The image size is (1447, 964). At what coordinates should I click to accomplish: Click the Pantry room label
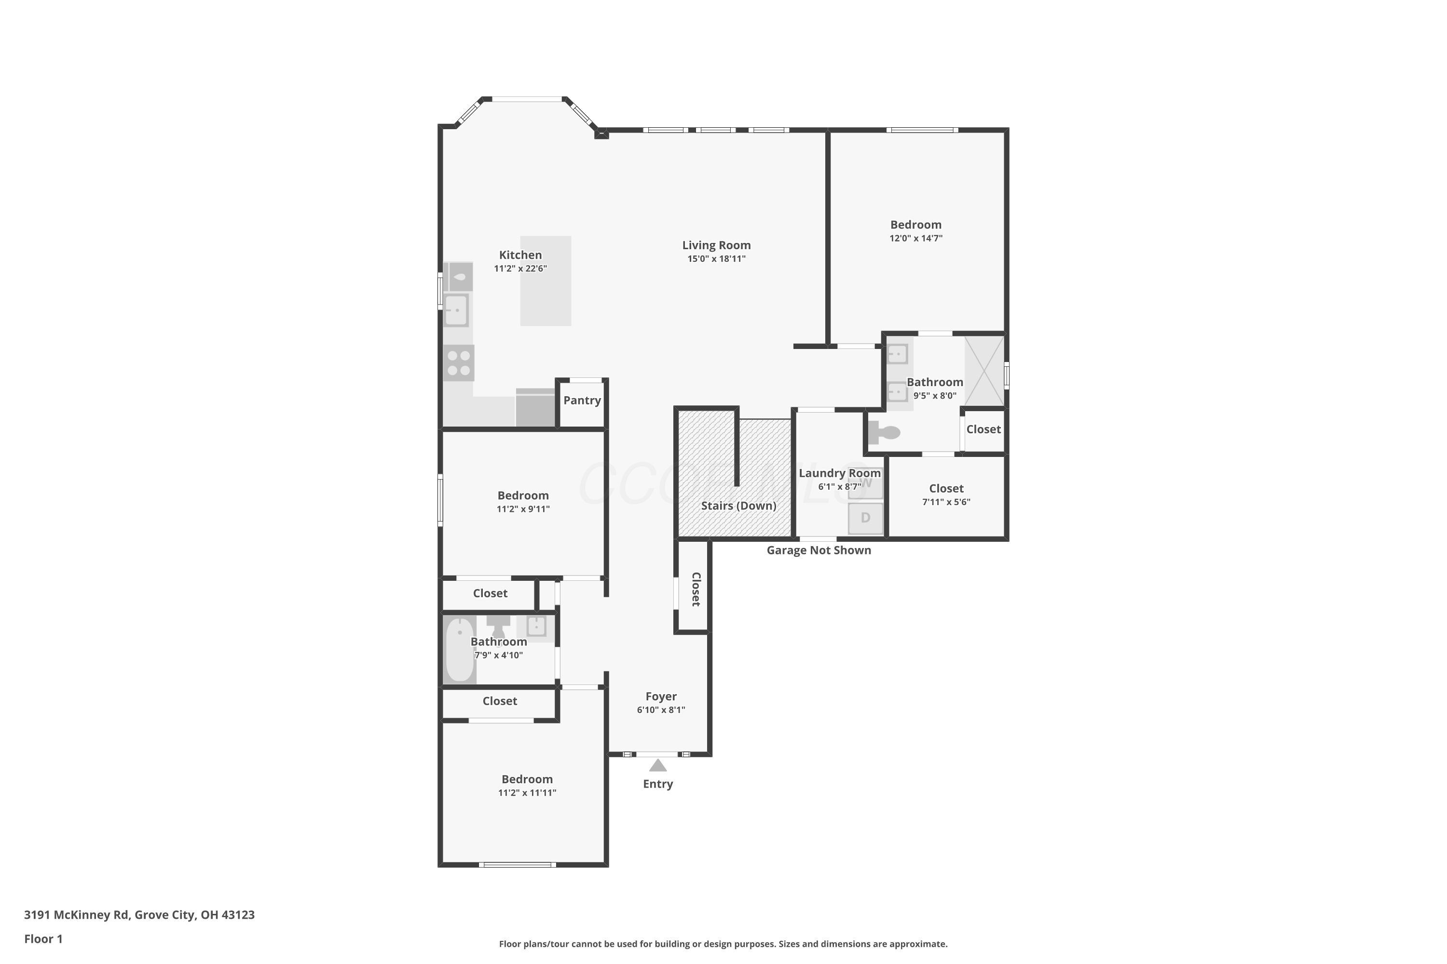pyautogui.click(x=582, y=400)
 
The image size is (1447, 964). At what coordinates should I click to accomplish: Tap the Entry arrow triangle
pyautogui.click(x=658, y=765)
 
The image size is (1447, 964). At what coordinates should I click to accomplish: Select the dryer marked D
pyautogui.click(x=866, y=518)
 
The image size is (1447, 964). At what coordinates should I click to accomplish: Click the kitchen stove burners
pyautogui.click(x=459, y=363)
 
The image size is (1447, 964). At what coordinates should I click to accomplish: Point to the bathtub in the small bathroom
pyautogui.click(x=460, y=650)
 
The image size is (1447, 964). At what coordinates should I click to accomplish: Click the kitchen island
pyautogui.click(x=546, y=281)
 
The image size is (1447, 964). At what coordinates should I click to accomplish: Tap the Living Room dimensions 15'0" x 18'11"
pyautogui.click(x=716, y=259)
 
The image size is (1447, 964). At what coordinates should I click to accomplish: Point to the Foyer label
pyautogui.click(x=661, y=696)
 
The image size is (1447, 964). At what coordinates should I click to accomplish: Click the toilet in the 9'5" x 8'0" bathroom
pyautogui.click(x=884, y=432)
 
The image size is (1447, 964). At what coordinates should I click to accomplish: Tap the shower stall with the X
pyautogui.click(x=984, y=371)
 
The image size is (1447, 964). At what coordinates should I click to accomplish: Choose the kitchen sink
pyautogui.click(x=456, y=310)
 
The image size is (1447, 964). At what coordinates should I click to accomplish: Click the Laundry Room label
pyautogui.click(x=840, y=473)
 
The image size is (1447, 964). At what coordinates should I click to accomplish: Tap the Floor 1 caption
pyautogui.click(x=43, y=939)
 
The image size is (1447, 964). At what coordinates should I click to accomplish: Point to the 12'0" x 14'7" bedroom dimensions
pyautogui.click(x=915, y=239)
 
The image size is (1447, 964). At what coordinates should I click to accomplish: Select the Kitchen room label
pyautogui.click(x=520, y=255)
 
